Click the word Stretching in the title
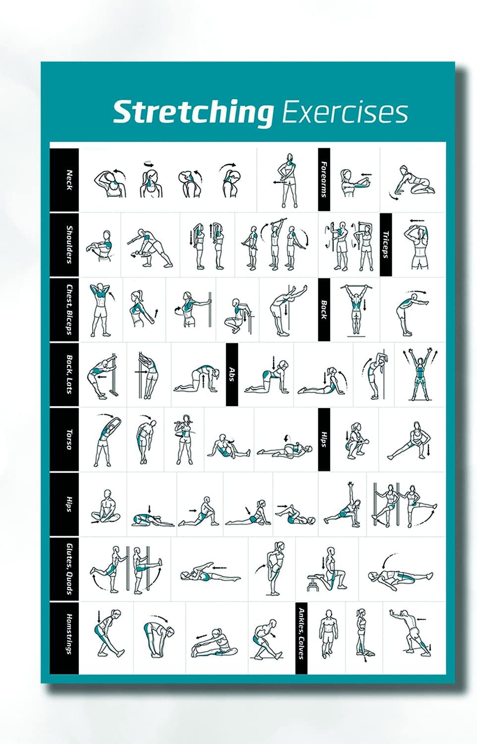(192, 113)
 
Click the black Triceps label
(386, 245)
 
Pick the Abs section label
(232, 374)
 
